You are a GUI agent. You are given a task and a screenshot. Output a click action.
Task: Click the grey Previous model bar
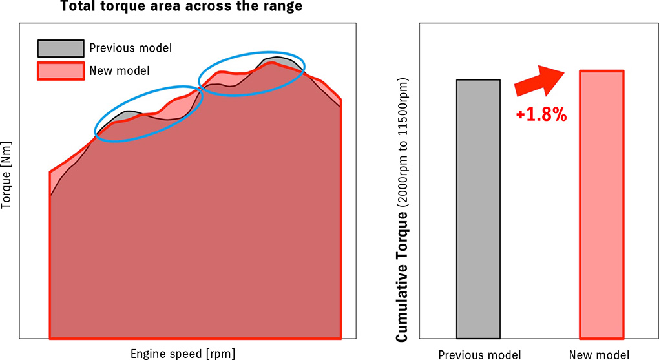point(478,209)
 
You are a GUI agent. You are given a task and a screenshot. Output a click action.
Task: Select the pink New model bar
point(601,204)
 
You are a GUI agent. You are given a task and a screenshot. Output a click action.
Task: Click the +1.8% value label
point(541,115)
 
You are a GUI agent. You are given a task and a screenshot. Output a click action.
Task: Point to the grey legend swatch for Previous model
point(61,48)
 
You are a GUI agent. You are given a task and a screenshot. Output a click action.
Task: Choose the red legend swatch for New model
point(61,70)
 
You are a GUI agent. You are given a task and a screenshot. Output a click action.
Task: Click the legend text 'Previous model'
point(131,48)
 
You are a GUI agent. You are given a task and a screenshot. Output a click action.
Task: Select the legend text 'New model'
point(120,70)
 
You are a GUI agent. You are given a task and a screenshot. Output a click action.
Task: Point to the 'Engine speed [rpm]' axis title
point(183,353)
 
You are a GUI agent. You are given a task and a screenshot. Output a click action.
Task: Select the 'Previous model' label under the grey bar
point(479,354)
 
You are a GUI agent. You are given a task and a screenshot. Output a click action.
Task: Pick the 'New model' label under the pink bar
point(599,354)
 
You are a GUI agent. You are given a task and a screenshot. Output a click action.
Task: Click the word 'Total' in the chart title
point(78,8)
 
